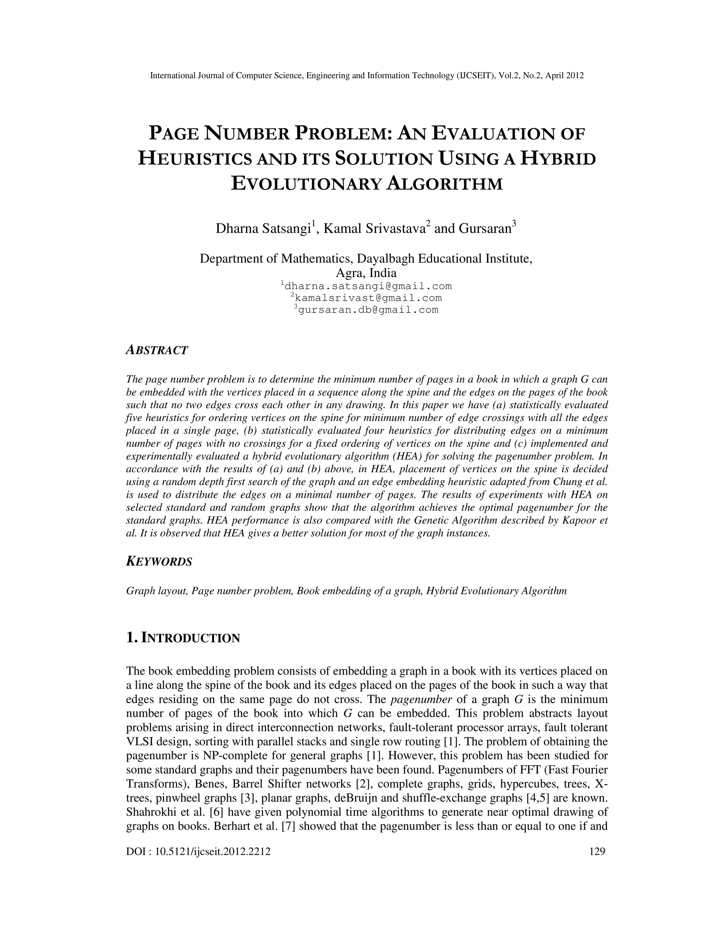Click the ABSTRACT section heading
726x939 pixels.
click(x=157, y=350)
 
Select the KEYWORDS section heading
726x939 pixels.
click(x=159, y=562)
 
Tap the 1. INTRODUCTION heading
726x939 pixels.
click(x=183, y=638)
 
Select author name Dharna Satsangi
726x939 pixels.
click(x=263, y=229)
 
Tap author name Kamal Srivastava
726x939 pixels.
click(x=374, y=229)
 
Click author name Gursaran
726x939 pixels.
click(x=484, y=229)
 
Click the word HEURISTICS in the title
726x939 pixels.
click(x=194, y=159)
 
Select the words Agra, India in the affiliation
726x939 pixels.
click(x=366, y=273)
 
